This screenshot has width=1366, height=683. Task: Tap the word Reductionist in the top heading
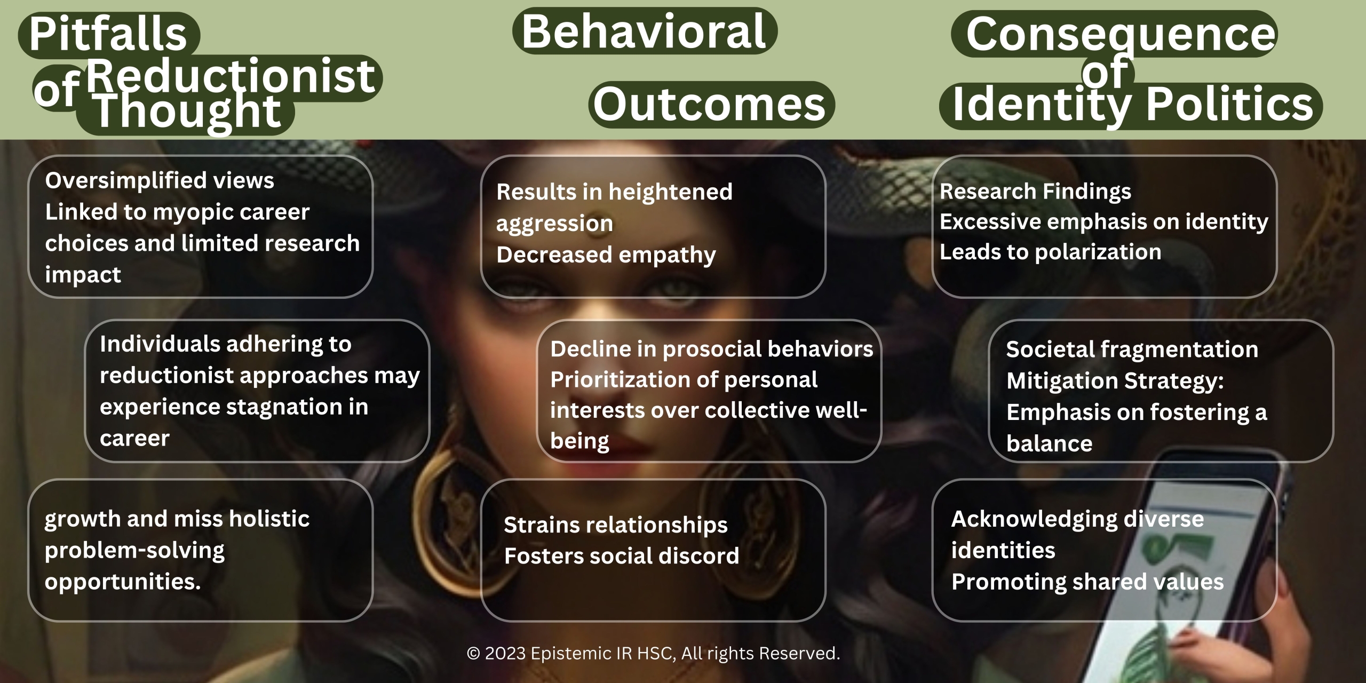[x=231, y=76]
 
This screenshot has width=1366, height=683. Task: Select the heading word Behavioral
[x=644, y=31]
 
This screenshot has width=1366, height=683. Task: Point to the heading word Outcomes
[x=710, y=104]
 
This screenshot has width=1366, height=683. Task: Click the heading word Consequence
[x=1121, y=34]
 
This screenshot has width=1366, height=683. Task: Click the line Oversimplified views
[x=160, y=181]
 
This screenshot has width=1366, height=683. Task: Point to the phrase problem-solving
[x=134, y=551]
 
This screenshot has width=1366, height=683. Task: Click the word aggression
[x=554, y=224]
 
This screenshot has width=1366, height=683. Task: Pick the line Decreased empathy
[x=606, y=255]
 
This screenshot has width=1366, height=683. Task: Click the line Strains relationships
[x=616, y=525]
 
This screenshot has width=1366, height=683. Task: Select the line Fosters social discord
[x=622, y=556]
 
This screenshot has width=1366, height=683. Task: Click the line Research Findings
[x=1035, y=192]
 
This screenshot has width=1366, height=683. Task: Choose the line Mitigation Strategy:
[x=1115, y=381]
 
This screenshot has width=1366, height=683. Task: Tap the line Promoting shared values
[x=1087, y=582]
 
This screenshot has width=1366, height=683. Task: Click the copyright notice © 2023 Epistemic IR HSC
[x=569, y=653]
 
